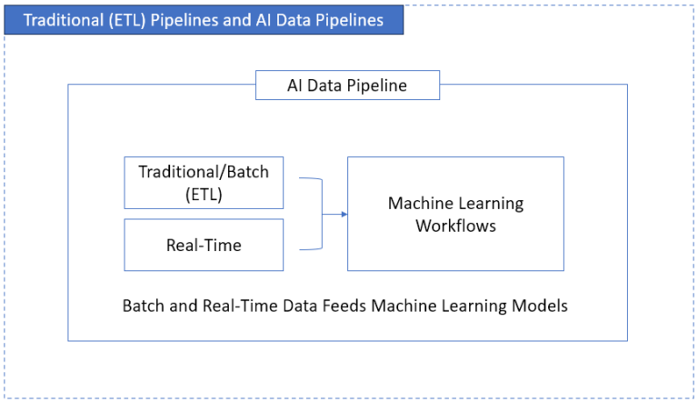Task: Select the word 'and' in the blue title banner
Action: pos(240,19)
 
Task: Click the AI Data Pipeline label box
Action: pos(347,85)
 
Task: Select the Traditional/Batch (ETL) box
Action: pos(204,182)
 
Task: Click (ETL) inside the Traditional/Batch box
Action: pos(204,193)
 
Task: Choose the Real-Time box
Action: pos(204,245)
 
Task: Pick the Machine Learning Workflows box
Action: pos(455,214)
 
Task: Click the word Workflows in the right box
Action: pos(455,226)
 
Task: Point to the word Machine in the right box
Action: pos(419,203)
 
